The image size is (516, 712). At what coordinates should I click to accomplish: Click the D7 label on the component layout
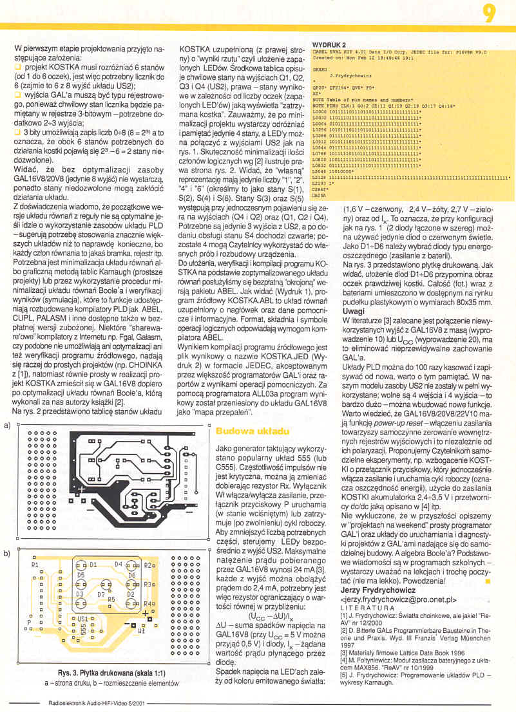(101, 595)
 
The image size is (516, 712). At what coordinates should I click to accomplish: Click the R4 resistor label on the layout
(148, 604)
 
